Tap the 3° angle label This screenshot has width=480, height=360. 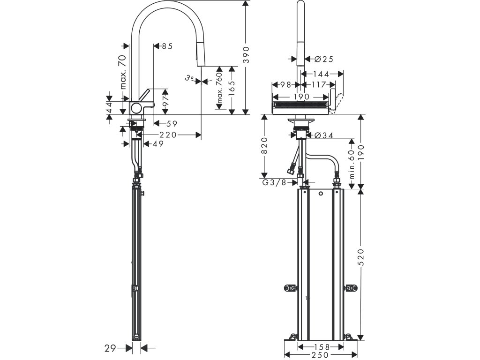[189, 78]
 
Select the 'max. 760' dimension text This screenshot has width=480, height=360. [219, 88]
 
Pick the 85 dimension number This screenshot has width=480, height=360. [167, 46]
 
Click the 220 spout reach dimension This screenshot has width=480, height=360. [168, 135]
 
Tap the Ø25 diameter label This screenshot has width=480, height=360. [323, 59]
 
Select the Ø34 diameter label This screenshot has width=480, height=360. [324, 135]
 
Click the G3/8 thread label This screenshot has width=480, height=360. [274, 182]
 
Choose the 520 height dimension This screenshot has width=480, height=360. [361, 257]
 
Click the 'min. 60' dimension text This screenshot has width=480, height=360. [351, 164]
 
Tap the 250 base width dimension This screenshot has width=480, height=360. [320, 355]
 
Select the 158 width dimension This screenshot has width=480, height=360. [322, 347]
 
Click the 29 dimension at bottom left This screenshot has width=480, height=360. [111, 348]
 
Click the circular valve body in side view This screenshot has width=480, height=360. [136, 108]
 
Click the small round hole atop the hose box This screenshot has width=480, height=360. [321, 194]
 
